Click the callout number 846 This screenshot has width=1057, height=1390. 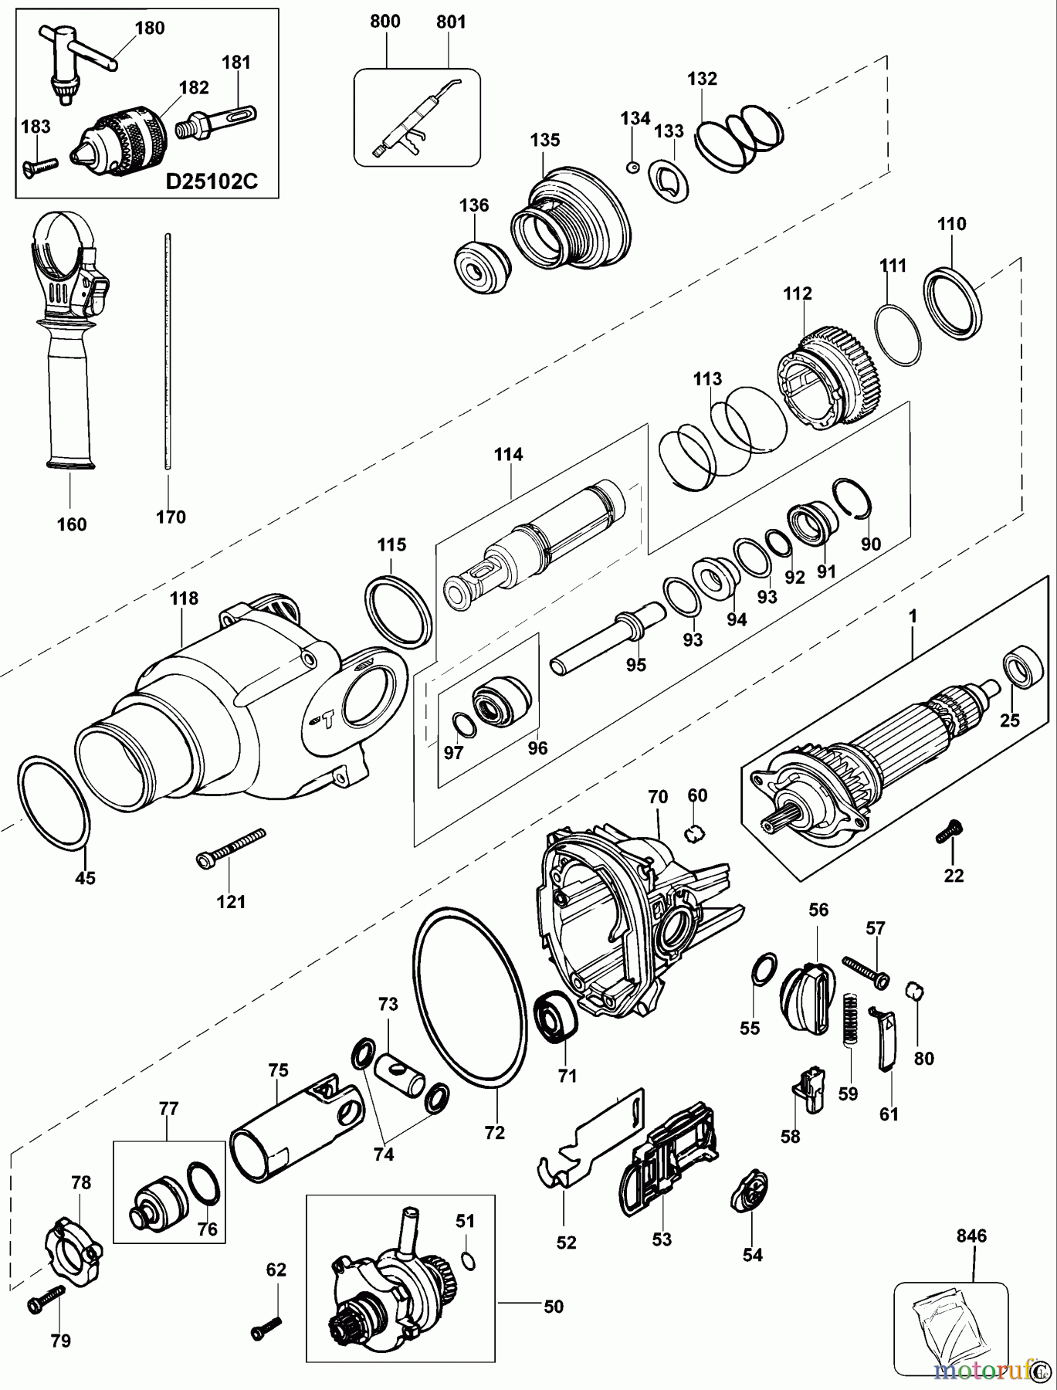(971, 1236)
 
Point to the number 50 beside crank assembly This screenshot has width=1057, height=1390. (554, 1307)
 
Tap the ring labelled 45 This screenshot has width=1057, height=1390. (54, 803)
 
